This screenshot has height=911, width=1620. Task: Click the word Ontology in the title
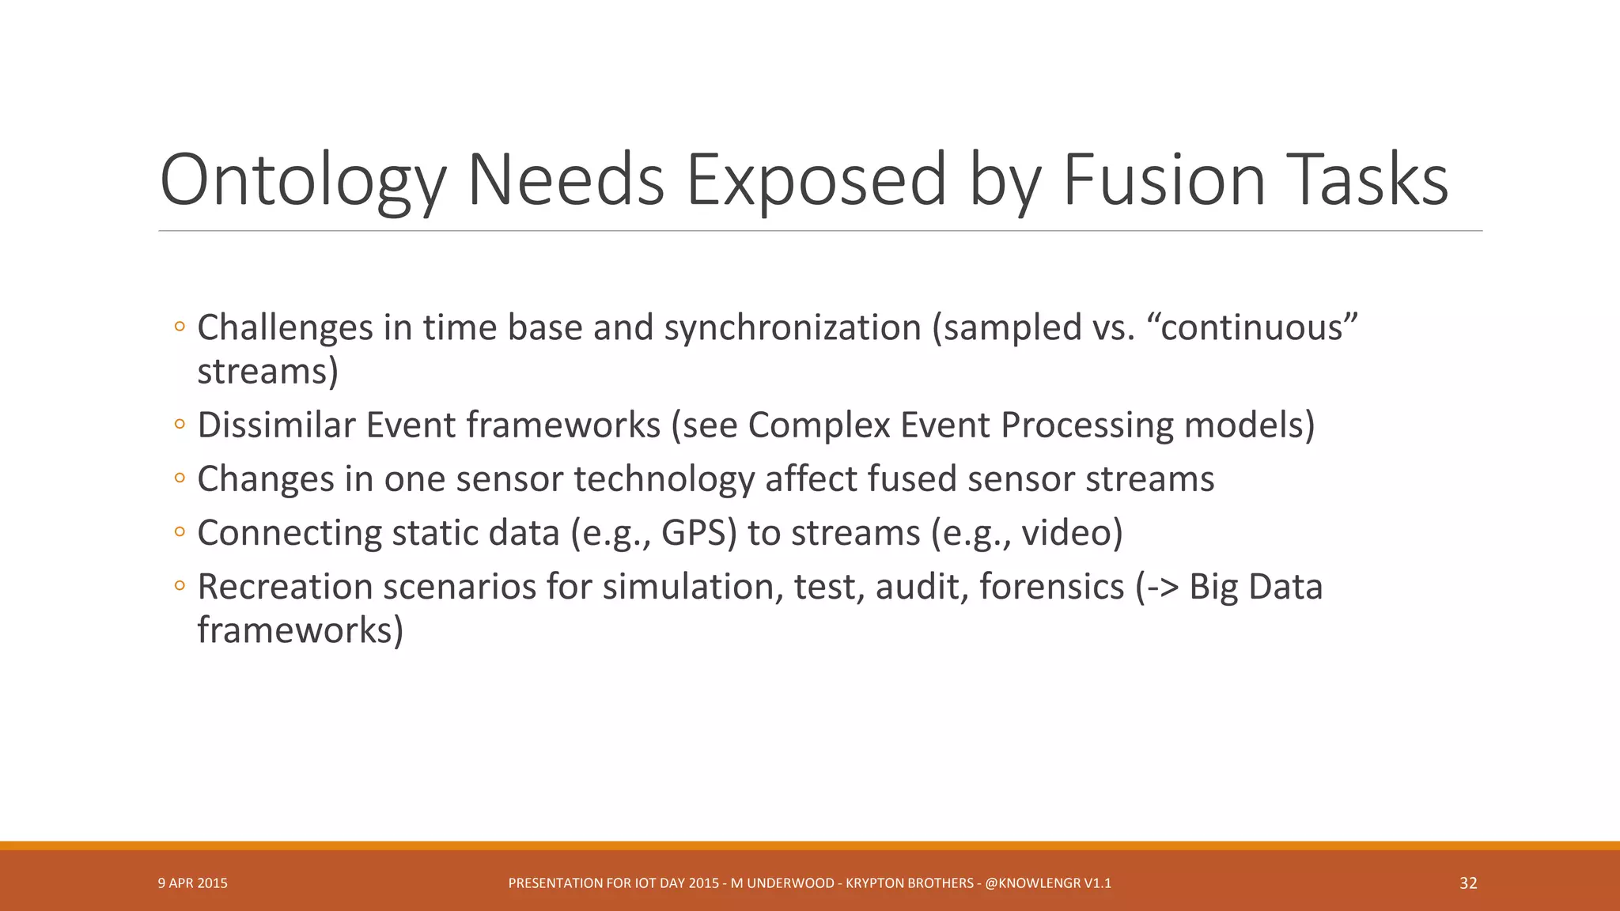coord(303,180)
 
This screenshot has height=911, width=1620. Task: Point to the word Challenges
coord(285,327)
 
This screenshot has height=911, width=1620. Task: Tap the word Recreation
coord(285,587)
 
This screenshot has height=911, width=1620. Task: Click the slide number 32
coord(1468,883)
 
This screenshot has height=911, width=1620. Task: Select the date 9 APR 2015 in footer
coord(192,883)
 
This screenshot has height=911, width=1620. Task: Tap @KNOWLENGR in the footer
coord(1032,883)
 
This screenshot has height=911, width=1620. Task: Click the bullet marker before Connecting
coord(180,532)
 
